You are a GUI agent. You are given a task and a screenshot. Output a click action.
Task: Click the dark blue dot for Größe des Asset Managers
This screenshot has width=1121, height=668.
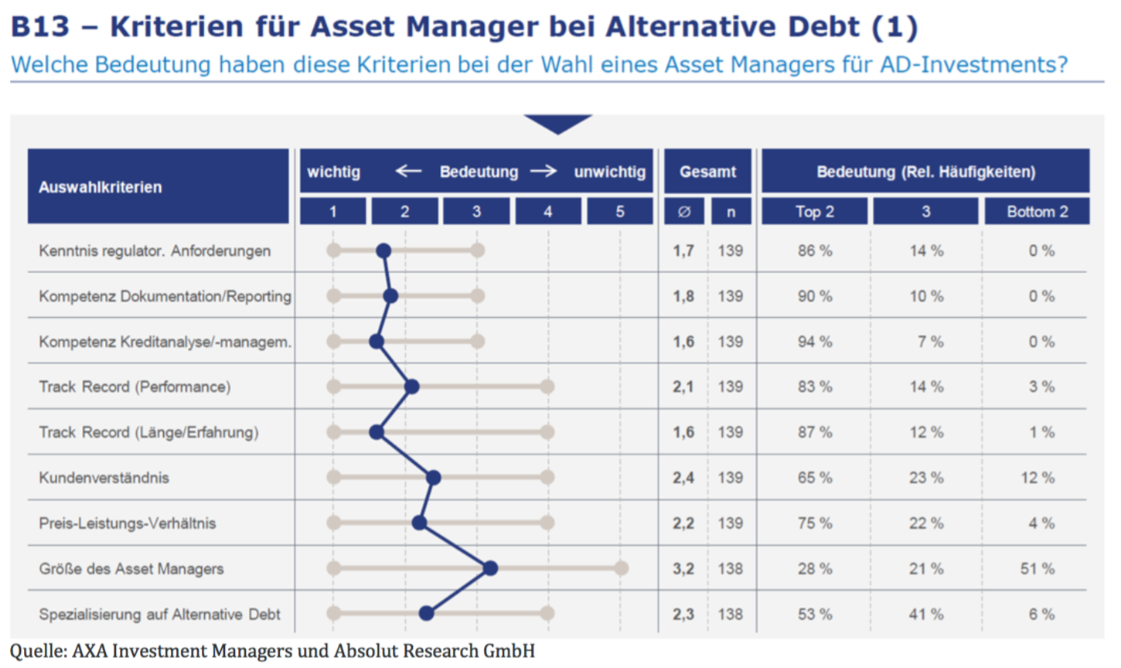pyautogui.click(x=490, y=568)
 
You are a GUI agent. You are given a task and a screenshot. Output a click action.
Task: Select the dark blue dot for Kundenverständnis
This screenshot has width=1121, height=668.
pyautogui.click(x=434, y=478)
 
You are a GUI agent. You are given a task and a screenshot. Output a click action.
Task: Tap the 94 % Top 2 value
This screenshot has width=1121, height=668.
pyautogui.click(x=815, y=342)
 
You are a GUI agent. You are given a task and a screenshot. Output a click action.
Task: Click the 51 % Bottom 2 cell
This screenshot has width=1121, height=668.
pyautogui.click(x=1037, y=568)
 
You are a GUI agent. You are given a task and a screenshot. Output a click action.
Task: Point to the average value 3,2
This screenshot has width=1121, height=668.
pyautogui.click(x=683, y=568)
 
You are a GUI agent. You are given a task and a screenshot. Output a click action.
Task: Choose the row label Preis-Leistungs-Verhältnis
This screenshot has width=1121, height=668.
pyautogui.click(x=128, y=523)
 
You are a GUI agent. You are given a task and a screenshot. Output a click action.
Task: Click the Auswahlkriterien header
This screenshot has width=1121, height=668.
pyautogui.click(x=101, y=187)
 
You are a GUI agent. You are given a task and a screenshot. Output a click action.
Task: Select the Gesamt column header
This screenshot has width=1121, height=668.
pyautogui.click(x=707, y=172)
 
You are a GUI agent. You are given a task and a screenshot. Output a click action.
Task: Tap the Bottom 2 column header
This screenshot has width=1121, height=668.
pyautogui.click(x=1037, y=211)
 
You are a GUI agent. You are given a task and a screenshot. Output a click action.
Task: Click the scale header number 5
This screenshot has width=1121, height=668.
pyautogui.click(x=620, y=211)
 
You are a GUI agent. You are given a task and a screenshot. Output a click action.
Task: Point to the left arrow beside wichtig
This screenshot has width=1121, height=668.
pyautogui.click(x=408, y=171)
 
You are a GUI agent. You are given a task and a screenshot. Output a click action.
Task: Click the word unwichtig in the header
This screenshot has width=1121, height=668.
pyautogui.click(x=609, y=172)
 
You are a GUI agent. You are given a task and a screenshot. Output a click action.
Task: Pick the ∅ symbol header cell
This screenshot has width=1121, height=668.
pyautogui.click(x=684, y=211)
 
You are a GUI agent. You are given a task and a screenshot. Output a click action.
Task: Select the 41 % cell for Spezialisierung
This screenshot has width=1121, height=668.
pyautogui.click(x=926, y=614)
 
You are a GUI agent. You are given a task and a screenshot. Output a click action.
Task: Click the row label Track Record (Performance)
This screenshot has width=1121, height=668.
pyautogui.click(x=135, y=387)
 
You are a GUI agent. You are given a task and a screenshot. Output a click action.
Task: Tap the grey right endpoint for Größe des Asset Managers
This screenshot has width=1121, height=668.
pyautogui.click(x=621, y=568)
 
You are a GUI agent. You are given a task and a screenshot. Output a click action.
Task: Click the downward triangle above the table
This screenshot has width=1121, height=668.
pyautogui.click(x=557, y=124)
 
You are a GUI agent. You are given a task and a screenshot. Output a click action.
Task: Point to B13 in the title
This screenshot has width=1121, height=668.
pyautogui.click(x=40, y=26)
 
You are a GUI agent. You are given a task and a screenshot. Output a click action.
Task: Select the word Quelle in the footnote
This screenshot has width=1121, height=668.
pyautogui.click(x=36, y=651)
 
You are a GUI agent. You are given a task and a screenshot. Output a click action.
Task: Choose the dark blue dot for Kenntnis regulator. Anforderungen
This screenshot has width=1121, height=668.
pyautogui.click(x=383, y=250)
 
